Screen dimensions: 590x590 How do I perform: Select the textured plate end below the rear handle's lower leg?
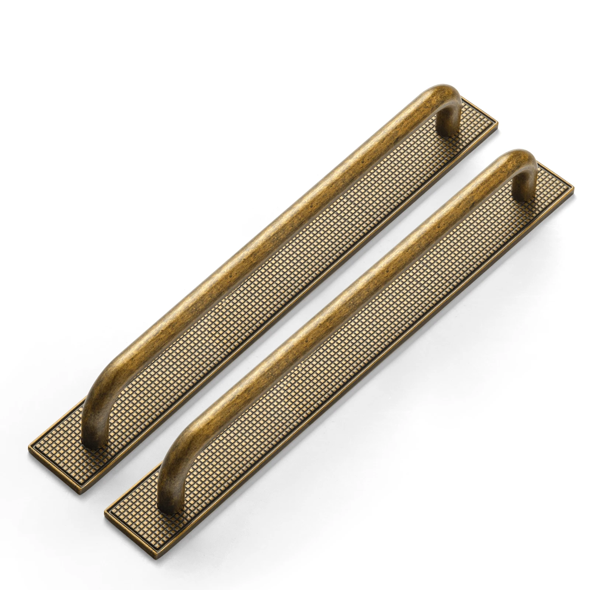(x=70, y=455)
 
